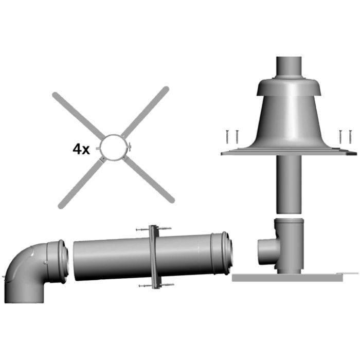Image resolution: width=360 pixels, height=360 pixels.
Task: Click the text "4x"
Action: pyautogui.click(x=81, y=150)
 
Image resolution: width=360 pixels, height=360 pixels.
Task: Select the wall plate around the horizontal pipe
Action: pyautogui.click(x=152, y=257)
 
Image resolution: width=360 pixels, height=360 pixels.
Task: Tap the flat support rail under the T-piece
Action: pyautogui.click(x=288, y=277)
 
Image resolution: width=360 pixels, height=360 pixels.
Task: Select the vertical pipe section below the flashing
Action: pyautogui.click(x=290, y=183)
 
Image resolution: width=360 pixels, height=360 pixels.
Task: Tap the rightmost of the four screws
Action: pyautogui.click(x=350, y=136)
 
